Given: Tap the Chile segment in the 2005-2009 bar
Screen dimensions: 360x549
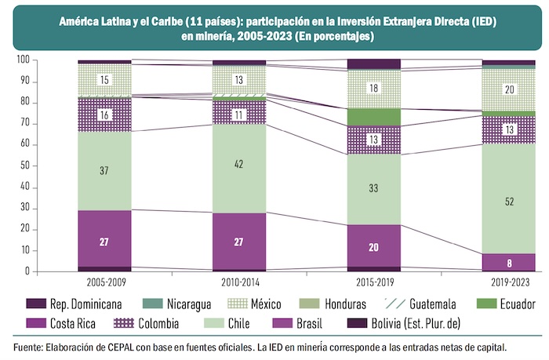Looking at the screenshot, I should click(x=104, y=170).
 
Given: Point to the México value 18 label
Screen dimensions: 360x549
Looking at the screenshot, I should click(x=373, y=88).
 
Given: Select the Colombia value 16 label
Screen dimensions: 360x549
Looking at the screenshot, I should click(x=104, y=115).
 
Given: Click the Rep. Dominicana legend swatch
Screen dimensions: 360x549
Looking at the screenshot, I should click(x=35, y=304).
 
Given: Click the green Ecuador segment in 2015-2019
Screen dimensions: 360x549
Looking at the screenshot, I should click(x=373, y=117).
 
